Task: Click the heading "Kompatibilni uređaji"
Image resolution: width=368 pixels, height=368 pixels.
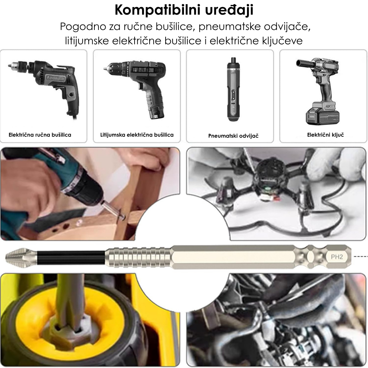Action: (184, 10)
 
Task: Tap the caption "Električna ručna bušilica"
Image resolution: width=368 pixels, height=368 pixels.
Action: (40, 135)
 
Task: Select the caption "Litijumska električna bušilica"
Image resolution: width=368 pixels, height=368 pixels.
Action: (137, 135)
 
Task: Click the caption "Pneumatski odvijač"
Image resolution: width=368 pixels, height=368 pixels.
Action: (233, 136)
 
